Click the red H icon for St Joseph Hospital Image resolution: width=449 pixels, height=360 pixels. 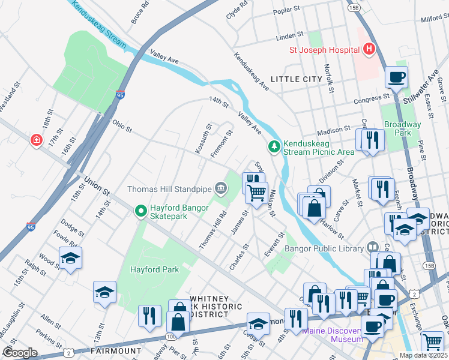(369, 49)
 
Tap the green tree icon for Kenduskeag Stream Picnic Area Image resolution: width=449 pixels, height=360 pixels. (274, 146)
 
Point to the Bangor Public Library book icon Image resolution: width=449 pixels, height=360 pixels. (373, 248)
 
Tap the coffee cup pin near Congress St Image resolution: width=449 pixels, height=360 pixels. (396, 77)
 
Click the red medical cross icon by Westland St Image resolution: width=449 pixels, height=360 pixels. (37, 140)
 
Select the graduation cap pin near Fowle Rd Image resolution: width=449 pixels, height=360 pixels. (70, 258)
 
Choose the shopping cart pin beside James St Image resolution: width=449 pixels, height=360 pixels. (257, 193)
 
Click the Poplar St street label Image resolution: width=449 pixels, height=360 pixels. (286, 10)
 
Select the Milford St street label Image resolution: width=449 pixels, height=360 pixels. (434, 19)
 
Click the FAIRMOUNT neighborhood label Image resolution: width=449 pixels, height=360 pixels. (115, 350)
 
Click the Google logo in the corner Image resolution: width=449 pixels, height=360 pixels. (20, 352)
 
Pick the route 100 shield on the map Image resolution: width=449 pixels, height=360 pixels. (172, 337)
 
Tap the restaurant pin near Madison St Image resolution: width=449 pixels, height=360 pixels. (369, 140)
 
